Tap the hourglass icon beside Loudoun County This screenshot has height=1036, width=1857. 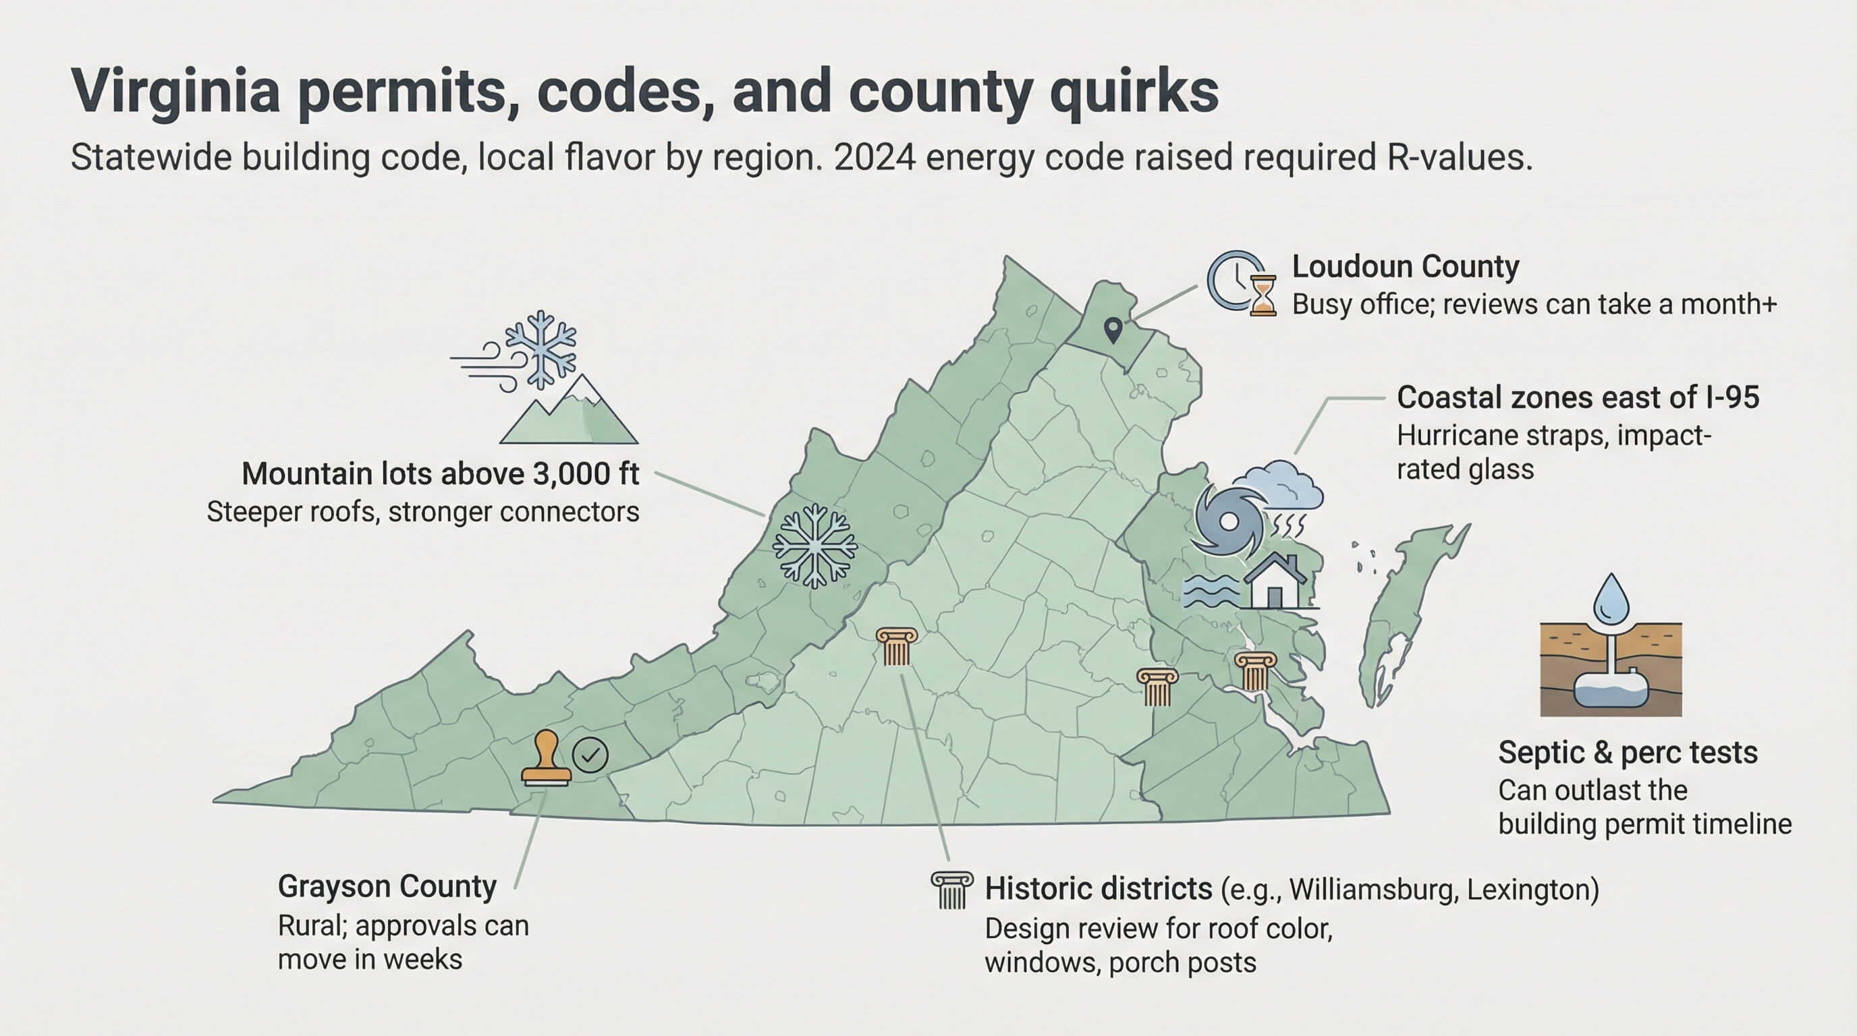pyautogui.click(x=1263, y=295)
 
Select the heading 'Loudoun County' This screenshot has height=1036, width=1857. pyautogui.click(x=1405, y=266)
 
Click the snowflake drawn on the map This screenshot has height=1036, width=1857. pyautogui.click(x=814, y=546)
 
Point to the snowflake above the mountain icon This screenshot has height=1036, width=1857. pyautogui.click(x=541, y=349)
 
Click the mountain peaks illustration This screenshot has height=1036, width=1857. pyautogui.click(x=569, y=412)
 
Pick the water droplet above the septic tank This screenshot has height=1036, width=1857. pyautogui.click(x=1611, y=600)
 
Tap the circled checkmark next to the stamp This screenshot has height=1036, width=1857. pyautogui.click(x=590, y=755)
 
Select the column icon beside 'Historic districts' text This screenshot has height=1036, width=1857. pyautogui.click(x=952, y=890)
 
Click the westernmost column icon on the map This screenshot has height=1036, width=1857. pyautogui.click(x=896, y=646)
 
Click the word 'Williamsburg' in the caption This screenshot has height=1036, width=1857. pyautogui.click(x=1373, y=890)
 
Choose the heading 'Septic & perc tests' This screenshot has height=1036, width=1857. pyautogui.click(x=1628, y=753)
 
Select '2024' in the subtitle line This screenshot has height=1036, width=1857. pyautogui.click(x=875, y=158)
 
